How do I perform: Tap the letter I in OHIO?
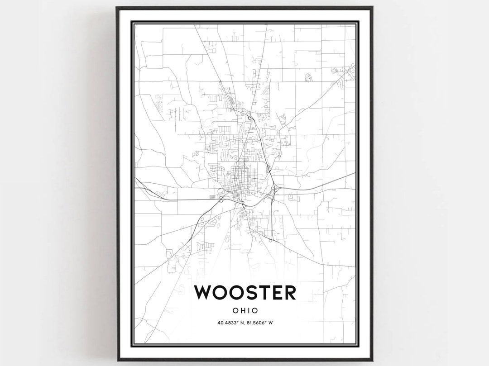248,311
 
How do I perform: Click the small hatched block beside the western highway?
213,197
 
